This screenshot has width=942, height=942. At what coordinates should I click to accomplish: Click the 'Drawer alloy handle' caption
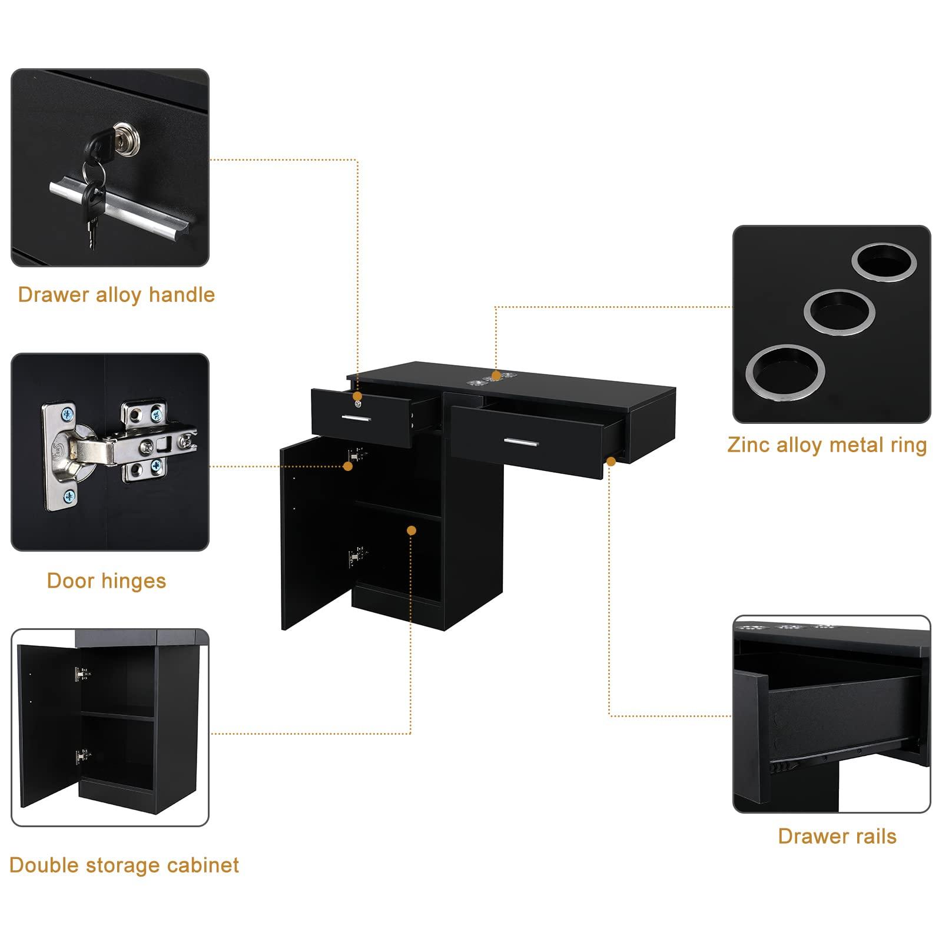click(x=116, y=294)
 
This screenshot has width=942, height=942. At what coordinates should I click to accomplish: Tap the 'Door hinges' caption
click(x=107, y=581)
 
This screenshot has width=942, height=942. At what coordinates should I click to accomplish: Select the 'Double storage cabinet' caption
click(x=124, y=865)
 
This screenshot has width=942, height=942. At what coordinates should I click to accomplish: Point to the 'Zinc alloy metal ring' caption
click(x=827, y=445)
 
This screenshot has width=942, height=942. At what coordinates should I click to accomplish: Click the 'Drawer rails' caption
click(x=837, y=837)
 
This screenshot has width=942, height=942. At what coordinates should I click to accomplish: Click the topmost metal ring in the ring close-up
click(x=884, y=262)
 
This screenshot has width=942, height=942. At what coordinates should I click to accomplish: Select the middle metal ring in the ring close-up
click(x=839, y=312)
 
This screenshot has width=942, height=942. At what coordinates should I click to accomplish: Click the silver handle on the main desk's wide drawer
click(x=520, y=442)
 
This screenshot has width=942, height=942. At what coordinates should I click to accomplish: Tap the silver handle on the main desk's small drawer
click(x=356, y=419)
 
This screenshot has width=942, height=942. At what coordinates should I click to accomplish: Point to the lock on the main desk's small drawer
click(x=357, y=404)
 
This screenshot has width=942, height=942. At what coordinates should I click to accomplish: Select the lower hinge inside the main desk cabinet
click(x=355, y=555)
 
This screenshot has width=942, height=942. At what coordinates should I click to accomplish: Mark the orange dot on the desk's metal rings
click(x=496, y=375)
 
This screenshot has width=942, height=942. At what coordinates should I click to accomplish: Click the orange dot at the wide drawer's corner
click(x=611, y=462)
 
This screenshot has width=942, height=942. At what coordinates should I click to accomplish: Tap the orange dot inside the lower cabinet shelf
click(x=412, y=530)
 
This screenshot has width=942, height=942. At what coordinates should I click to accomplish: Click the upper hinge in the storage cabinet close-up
click(x=82, y=674)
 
